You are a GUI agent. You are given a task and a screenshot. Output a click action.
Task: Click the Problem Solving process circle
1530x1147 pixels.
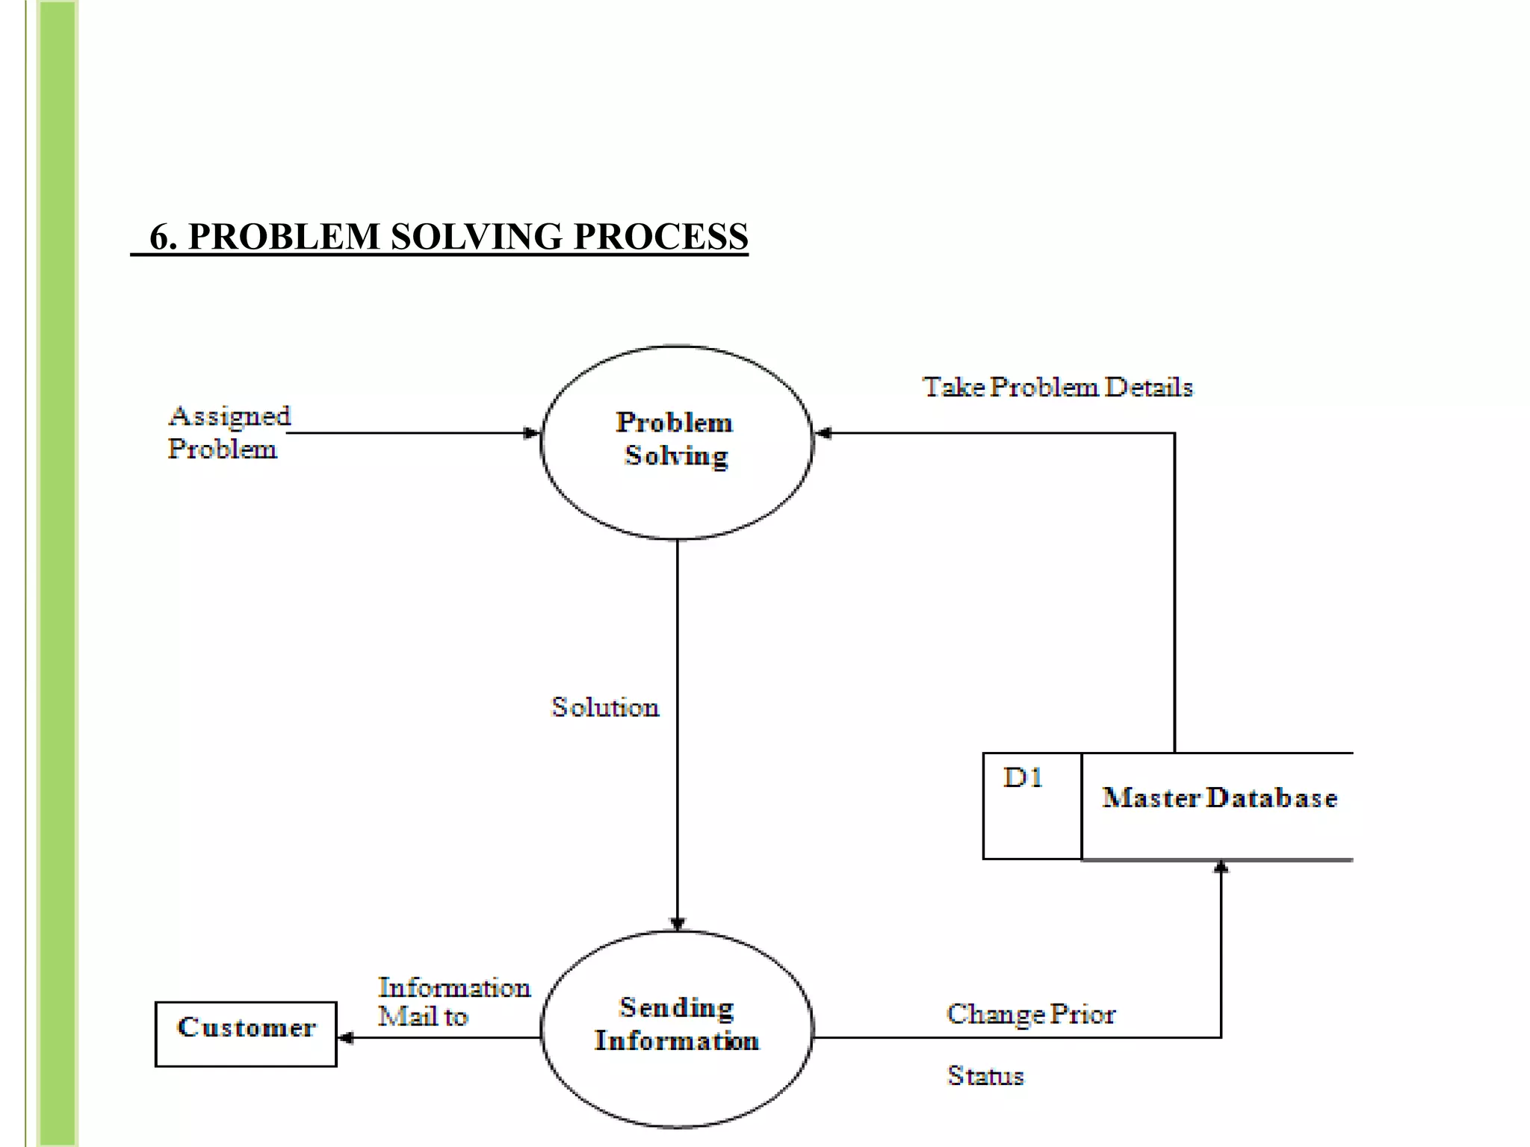click(x=676, y=442)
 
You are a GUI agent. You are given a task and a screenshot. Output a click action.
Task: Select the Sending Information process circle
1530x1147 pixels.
click(x=676, y=1028)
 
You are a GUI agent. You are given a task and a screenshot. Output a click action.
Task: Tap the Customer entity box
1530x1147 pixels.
click(x=246, y=1033)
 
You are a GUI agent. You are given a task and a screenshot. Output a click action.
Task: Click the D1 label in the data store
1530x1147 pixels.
click(x=1023, y=778)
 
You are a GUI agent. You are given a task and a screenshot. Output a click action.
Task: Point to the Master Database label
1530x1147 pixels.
click(x=1219, y=798)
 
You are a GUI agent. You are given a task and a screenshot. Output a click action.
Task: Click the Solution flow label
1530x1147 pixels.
click(x=605, y=707)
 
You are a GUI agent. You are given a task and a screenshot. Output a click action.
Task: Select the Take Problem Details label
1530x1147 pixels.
click(x=1057, y=387)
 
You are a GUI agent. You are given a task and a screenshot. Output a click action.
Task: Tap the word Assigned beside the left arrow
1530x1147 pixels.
click(x=229, y=416)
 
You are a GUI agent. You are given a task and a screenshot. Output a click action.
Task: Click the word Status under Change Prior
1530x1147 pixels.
click(x=985, y=1075)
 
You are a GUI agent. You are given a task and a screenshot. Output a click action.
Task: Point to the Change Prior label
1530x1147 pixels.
click(x=1030, y=1014)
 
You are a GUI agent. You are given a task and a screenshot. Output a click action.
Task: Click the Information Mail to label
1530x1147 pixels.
click(x=453, y=1001)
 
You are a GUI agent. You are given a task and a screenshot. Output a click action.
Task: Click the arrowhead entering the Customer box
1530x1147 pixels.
click(x=347, y=1037)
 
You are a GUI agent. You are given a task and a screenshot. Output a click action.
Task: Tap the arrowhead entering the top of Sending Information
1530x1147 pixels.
click(x=677, y=924)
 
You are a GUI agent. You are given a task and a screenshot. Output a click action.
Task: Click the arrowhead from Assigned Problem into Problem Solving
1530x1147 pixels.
click(x=531, y=433)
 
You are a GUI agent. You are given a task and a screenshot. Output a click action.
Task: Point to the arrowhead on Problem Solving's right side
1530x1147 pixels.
click(x=823, y=433)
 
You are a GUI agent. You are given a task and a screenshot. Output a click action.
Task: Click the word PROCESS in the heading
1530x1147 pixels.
click(x=660, y=237)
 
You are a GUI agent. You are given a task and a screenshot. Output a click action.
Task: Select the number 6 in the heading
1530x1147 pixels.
click(x=159, y=237)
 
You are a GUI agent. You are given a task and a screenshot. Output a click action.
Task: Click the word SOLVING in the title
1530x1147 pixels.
click(x=476, y=237)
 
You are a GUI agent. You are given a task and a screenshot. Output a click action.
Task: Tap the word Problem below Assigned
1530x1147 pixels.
click(x=222, y=450)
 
